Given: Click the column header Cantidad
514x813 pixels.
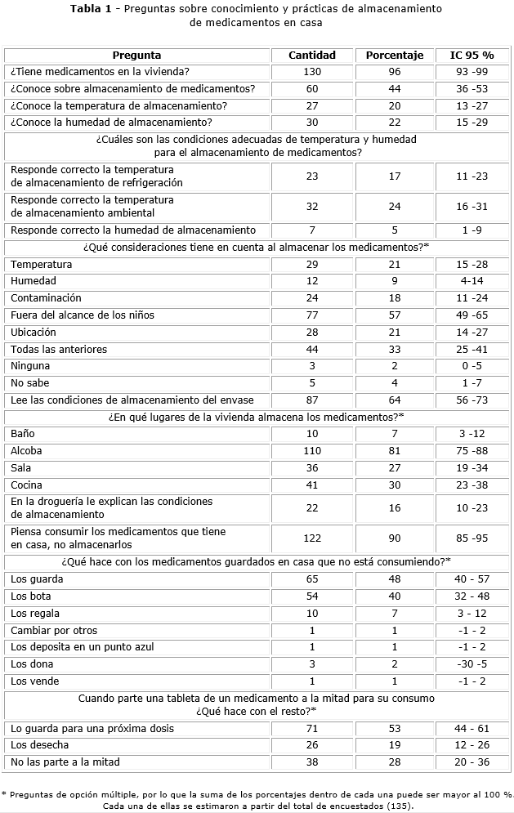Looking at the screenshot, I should pyautogui.click(x=312, y=56).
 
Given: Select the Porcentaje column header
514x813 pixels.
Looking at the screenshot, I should pyautogui.click(x=394, y=56).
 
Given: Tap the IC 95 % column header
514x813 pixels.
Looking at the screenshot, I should pyautogui.click(x=472, y=56).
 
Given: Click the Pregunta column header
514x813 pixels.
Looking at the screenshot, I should pyautogui.click(x=137, y=56).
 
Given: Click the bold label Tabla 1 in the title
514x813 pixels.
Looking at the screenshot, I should pyautogui.click(x=92, y=9).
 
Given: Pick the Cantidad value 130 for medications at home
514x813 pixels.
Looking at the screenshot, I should pyautogui.click(x=312, y=72).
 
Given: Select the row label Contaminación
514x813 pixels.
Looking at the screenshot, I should pyautogui.click(x=46, y=298).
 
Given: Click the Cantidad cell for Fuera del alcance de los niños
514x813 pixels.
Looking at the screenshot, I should pyautogui.click(x=312, y=315).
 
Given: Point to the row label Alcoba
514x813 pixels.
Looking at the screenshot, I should pyautogui.click(x=26, y=451).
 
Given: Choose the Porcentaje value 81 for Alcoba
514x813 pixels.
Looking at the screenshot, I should pyautogui.click(x=394, y=451).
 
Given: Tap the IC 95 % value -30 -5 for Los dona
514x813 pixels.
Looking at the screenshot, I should pyautogui.click(x=472, y=664).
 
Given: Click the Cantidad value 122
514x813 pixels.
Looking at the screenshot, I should pyautogui.click(x=312, y=538).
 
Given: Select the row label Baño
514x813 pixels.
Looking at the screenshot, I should pyautogui.click(x=23, y=434).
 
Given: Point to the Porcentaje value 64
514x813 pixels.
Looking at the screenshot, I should pyautogui.click(x=394, y=400).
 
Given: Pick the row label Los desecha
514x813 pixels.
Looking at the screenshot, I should pyautogui.click(x=39, y=745).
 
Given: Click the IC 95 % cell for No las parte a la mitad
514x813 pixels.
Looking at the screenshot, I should pyautogui.click(x=472, y=762).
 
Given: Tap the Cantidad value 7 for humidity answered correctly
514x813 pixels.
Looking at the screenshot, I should pyautogui.click(x=312, y=230).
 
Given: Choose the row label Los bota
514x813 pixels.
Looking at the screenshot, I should pyautogui.click(x=30, y=596).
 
